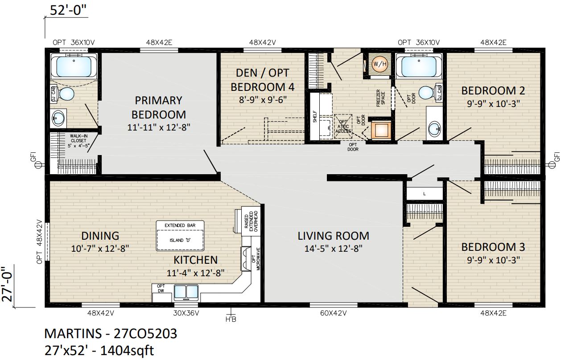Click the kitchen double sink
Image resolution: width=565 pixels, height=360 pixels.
point(186,292)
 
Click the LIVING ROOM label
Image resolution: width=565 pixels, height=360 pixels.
point(333,236)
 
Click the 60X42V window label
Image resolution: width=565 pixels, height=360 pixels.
point(333,313)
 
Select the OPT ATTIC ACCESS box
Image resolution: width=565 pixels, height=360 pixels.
point(343,126)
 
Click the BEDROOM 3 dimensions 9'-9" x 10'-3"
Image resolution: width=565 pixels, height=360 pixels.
point(493,259)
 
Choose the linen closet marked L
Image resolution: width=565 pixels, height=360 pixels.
point(424,194)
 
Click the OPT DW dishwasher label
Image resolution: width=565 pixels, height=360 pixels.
point(161,288)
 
